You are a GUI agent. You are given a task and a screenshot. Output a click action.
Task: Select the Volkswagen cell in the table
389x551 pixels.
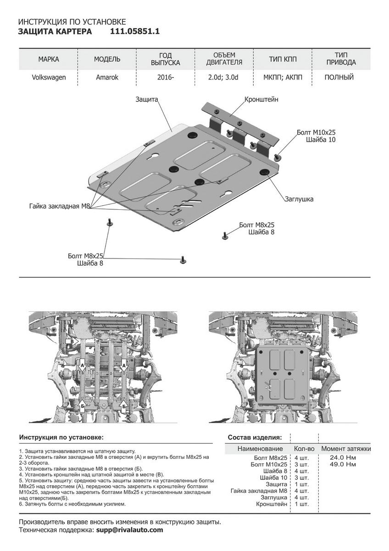point(49,77)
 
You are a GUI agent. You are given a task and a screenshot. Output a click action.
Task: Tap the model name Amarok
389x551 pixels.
point(107,77)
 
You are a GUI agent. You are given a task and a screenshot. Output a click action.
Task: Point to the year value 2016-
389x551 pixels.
point(166,77)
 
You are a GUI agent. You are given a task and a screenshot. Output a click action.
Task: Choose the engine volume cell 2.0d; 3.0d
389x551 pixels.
point(224,77)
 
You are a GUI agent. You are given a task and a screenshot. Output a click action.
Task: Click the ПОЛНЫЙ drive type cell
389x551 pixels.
point(339,77)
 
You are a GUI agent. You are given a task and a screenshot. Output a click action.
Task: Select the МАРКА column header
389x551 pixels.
point(49,59)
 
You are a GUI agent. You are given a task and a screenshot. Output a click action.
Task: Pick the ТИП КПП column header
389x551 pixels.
point(283,59)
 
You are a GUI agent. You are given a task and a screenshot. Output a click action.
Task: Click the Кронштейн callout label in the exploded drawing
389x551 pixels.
point(261,99)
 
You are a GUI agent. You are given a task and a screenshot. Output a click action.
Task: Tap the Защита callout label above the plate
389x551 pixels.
point(147,99)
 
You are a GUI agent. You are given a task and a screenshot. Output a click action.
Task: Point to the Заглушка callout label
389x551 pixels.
point(298,199)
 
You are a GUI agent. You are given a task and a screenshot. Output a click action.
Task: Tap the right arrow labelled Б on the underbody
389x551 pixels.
point(123,406)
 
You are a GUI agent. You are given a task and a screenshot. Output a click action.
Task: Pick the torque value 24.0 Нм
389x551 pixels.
point(343,458)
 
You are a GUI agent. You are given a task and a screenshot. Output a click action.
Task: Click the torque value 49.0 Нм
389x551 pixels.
point(343,464)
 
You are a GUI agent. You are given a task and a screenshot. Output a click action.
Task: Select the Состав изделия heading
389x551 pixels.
point(255,437)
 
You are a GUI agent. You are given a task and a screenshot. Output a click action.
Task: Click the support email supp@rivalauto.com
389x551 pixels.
point(129,530)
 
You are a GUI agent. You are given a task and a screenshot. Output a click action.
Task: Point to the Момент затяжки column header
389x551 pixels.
point(345,449)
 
